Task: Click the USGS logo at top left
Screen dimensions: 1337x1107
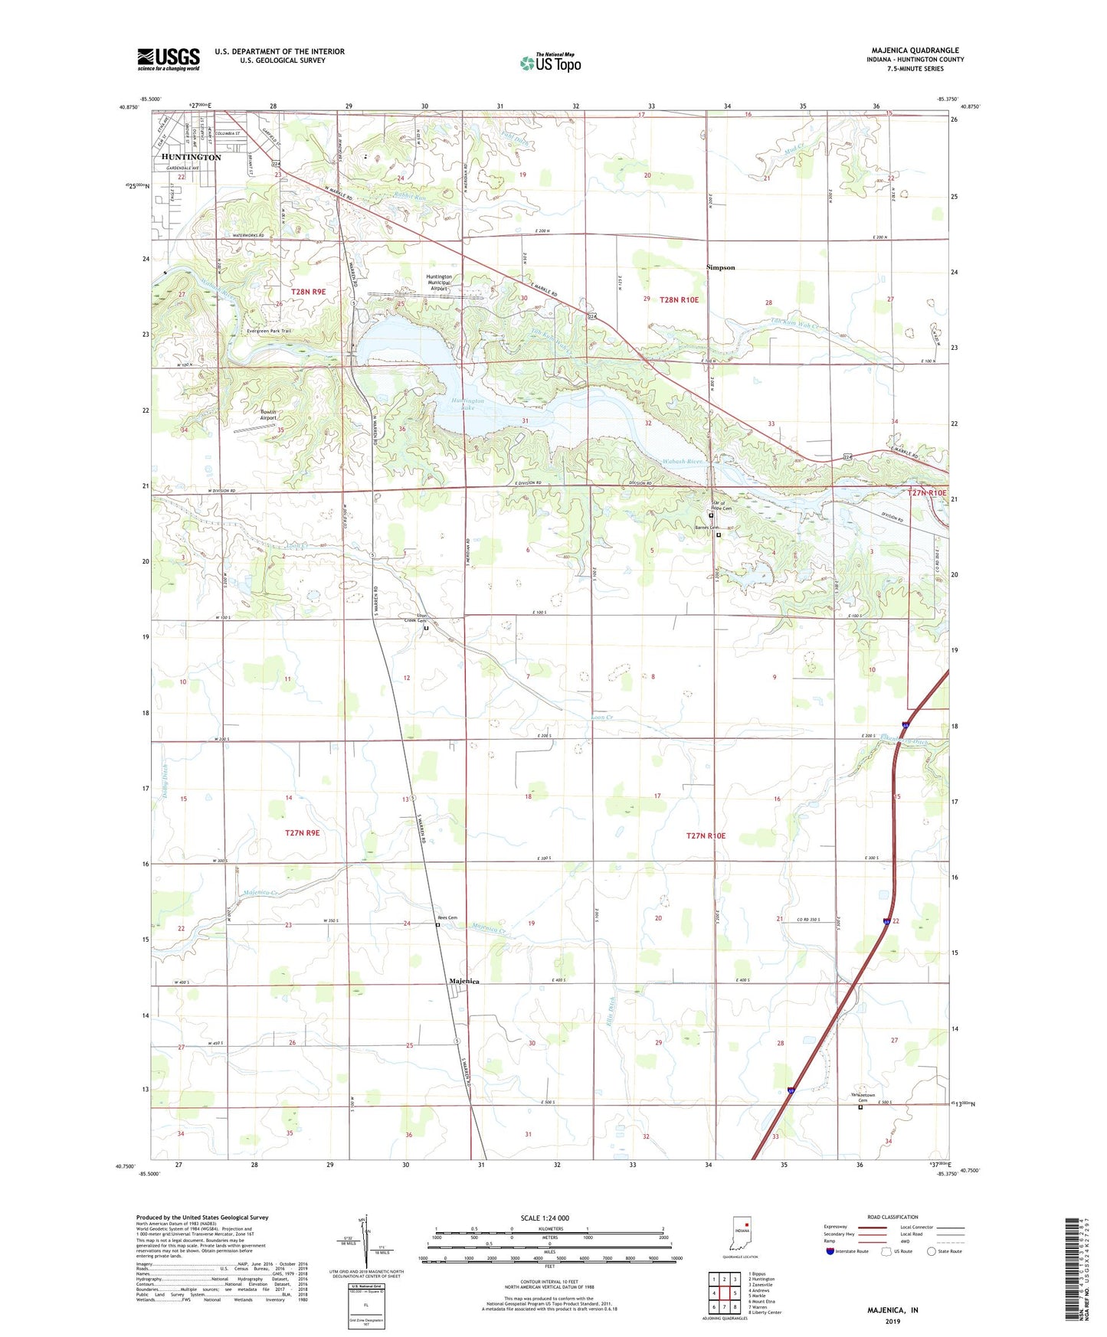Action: point(168,59)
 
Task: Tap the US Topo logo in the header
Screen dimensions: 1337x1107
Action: point(550,63)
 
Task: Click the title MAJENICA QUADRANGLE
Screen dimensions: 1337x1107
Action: point(914,51)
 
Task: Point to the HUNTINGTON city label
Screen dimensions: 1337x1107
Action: point(192,157)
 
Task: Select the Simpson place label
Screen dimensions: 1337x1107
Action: point(720,267)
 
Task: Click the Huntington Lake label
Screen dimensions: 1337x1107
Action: point(468,404)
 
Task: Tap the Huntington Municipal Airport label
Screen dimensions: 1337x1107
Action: point(439,283)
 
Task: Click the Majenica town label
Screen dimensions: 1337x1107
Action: point(463,981)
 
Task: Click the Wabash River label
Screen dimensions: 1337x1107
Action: point(683,462)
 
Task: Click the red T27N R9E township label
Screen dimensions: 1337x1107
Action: point(302,832)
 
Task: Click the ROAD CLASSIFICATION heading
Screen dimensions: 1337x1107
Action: point(892,1217)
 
